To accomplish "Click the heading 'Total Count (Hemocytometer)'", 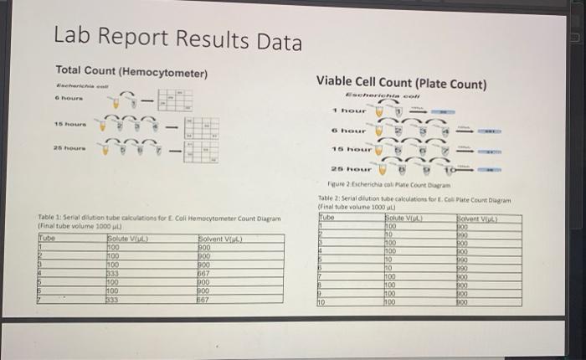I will point(131,73).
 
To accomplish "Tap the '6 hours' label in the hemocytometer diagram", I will point(68,99).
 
